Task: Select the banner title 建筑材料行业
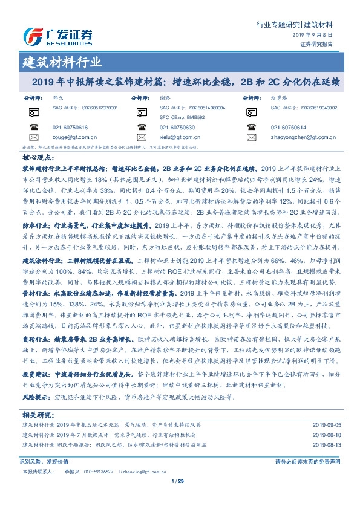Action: [x=62, y=62]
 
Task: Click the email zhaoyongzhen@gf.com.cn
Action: [x=299, y=137]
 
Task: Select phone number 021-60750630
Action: [x=177, y=128]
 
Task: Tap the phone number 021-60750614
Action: [x=289, y=128]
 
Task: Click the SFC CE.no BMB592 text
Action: [x=181, y=118]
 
